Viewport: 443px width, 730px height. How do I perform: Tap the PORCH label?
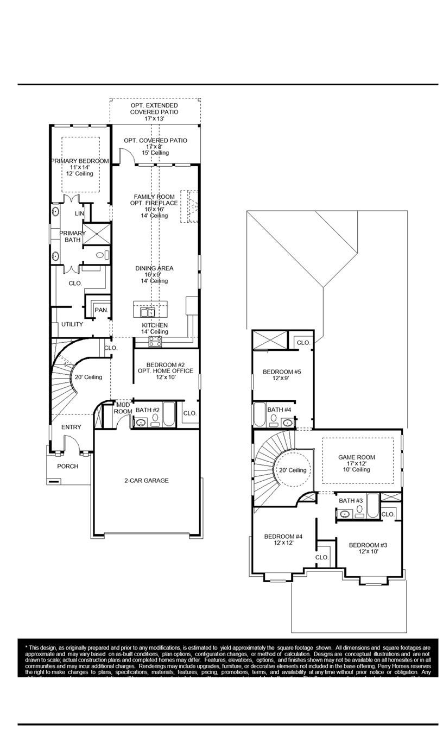tap(68, 466)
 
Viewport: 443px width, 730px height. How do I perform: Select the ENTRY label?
tap(71, 427)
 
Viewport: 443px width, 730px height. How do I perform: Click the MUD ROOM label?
tap(123, 408)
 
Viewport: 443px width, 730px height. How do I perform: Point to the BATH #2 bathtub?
tap(169, 415)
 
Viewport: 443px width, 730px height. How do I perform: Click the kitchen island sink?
tap(147, 312)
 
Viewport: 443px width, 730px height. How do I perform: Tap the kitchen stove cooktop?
tap(155, 341)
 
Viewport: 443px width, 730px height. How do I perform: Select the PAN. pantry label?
tap(101, 310)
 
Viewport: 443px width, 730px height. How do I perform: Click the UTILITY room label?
tap(72, 324)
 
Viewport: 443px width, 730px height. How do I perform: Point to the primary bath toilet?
tap(103, 254)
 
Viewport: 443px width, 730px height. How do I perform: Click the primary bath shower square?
tap(97, 234)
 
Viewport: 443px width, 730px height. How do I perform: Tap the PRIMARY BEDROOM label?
tap(80, 161)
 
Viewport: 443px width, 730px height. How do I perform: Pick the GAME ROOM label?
tap(357, 457)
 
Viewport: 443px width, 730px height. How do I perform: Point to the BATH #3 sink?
tap(345, 513)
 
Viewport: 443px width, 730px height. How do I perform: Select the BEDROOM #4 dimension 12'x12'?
tap(283, 543)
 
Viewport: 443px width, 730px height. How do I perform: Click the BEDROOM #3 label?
tap(368, 545)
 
